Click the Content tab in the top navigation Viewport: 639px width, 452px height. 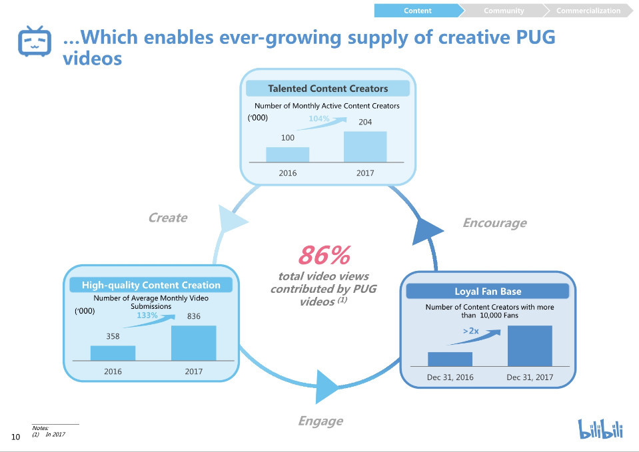(x=418, y=11)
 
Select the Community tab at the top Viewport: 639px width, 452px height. (x=504, y=11)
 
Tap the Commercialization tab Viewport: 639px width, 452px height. (x=588, y=11)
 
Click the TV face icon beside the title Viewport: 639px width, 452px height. (x=33, y=42)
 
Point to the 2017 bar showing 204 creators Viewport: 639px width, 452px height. (x=364, y=146)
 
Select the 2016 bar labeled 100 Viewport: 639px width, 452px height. (x=287, y=154)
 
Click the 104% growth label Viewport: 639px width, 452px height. (x=319, y=118)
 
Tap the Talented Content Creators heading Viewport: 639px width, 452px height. (x=327, y=89)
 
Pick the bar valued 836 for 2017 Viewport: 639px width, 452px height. (x=193, y=343)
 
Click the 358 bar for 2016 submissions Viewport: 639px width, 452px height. (x=113, y=353)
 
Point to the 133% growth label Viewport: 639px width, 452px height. (x=147, y=316)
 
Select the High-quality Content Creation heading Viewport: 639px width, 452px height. (x=151, y=285)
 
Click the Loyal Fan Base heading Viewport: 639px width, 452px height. (x=488, y=292)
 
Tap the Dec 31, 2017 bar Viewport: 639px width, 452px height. (x=530, y=345)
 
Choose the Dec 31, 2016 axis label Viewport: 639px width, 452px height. (x=450, y=377)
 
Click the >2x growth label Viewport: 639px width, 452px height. (x=471, y=331)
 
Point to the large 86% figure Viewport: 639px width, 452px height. (x=324, y=255)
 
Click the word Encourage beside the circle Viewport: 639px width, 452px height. (x=494, y=223)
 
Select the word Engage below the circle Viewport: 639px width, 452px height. (x=320, y=421)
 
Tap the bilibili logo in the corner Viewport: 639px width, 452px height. (x=600, y=429)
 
